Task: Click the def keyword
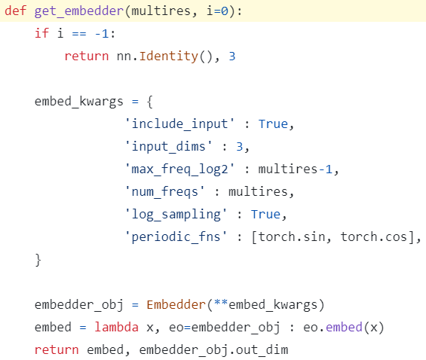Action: coord(16,11)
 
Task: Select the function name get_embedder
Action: coord(79,11)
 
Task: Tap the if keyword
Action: coord(41,33)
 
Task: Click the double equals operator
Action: coord(79,34)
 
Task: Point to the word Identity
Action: coord(168,56)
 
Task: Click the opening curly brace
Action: coord(150,102)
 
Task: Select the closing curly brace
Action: coord(38,260)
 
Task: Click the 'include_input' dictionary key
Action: coord(179,124)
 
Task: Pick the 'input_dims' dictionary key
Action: coord(168,147)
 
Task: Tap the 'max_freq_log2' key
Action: coord(179,169)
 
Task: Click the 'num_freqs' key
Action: coord(164,192)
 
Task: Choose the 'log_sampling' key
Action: coord(176,215)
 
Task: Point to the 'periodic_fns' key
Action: coord(176,237)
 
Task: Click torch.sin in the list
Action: coord(292,236)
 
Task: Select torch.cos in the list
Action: coord(374,236)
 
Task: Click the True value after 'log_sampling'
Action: coord(265,215)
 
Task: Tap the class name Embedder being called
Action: coord(176,304)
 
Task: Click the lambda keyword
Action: coord(116,327)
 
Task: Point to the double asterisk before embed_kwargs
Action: coord(221,303)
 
